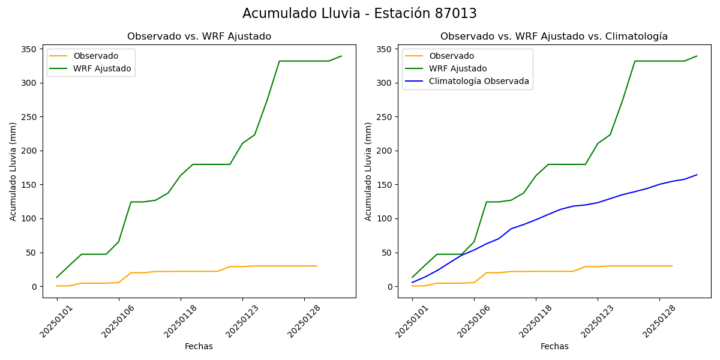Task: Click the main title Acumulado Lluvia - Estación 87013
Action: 359,14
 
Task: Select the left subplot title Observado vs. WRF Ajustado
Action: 199,37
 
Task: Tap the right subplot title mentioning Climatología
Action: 554,37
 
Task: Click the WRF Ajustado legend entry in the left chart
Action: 102,68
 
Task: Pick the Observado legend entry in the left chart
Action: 96,56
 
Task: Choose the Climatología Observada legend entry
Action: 479,82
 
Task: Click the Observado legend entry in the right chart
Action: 451,56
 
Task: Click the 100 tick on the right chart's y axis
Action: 386,218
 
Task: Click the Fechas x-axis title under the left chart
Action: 199,346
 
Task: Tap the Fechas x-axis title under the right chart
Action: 554,346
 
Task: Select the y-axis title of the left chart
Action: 13,171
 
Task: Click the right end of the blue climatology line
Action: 697,175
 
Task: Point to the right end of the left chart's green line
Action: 341,56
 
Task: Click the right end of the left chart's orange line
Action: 317,266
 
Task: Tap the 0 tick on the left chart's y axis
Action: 36,287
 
